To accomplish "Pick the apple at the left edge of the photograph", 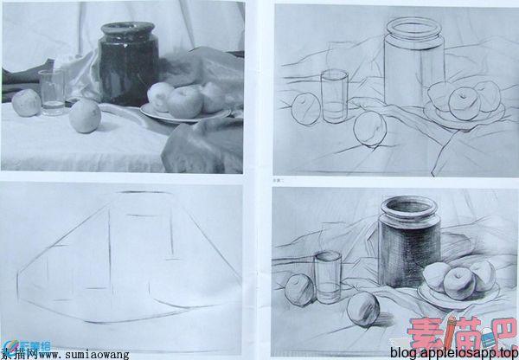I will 26,103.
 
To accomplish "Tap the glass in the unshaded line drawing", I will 334,96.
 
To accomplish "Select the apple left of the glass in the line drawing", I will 305,109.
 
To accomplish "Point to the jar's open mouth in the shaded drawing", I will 409,206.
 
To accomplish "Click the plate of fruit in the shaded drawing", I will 458,281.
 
